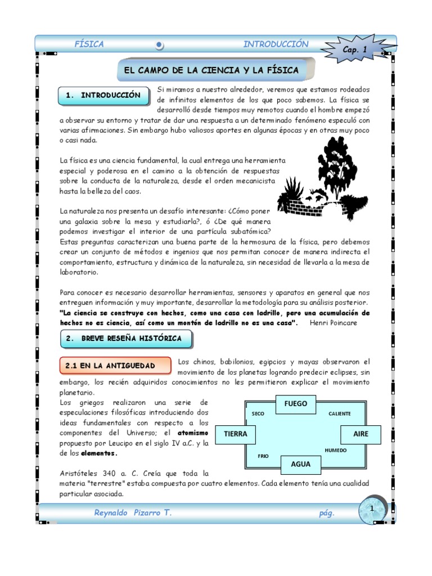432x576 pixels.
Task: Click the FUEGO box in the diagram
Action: [296, 403]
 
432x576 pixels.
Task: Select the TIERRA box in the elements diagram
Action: [235, 434]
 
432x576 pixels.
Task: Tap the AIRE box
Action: [361, 434]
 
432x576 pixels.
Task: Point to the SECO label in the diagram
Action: [258, 413]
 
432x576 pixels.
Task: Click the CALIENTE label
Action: [339, 413]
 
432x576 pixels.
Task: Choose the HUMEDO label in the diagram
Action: [336, 451]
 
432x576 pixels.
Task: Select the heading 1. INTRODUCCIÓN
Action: [103, 95]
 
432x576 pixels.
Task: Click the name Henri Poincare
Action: [333, 322]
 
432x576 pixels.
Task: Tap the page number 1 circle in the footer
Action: [371, 508]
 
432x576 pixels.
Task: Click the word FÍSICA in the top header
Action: [89, 44]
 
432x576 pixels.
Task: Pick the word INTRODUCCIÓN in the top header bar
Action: [276, 44]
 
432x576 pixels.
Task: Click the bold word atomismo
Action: [193, 433]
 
